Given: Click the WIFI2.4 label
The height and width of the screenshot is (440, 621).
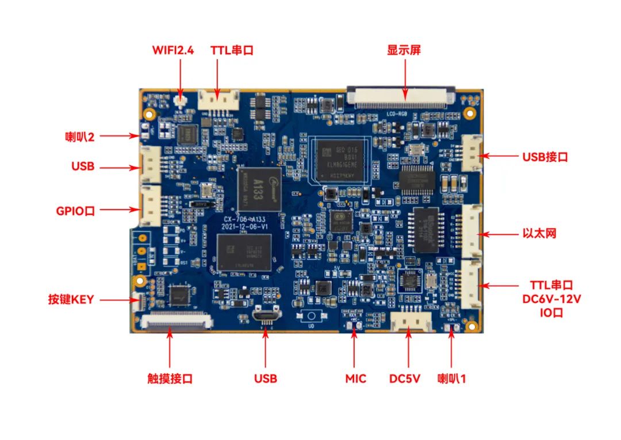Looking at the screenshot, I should point(172,50).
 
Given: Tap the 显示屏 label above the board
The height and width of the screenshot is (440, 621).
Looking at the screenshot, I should point(404,50).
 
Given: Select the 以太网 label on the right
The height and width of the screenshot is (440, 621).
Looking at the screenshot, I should point(539,234).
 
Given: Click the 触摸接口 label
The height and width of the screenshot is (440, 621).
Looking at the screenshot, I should point(170,378).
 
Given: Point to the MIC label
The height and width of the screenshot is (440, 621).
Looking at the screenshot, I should point(355,378).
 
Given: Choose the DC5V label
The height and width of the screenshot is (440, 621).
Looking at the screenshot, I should point(405,378).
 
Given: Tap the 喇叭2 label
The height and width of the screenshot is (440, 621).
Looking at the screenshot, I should point(79,136).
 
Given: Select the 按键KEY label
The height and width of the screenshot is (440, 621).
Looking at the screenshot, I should point(71,299).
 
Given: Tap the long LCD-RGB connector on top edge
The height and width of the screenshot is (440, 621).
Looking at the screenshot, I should point(401,96).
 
